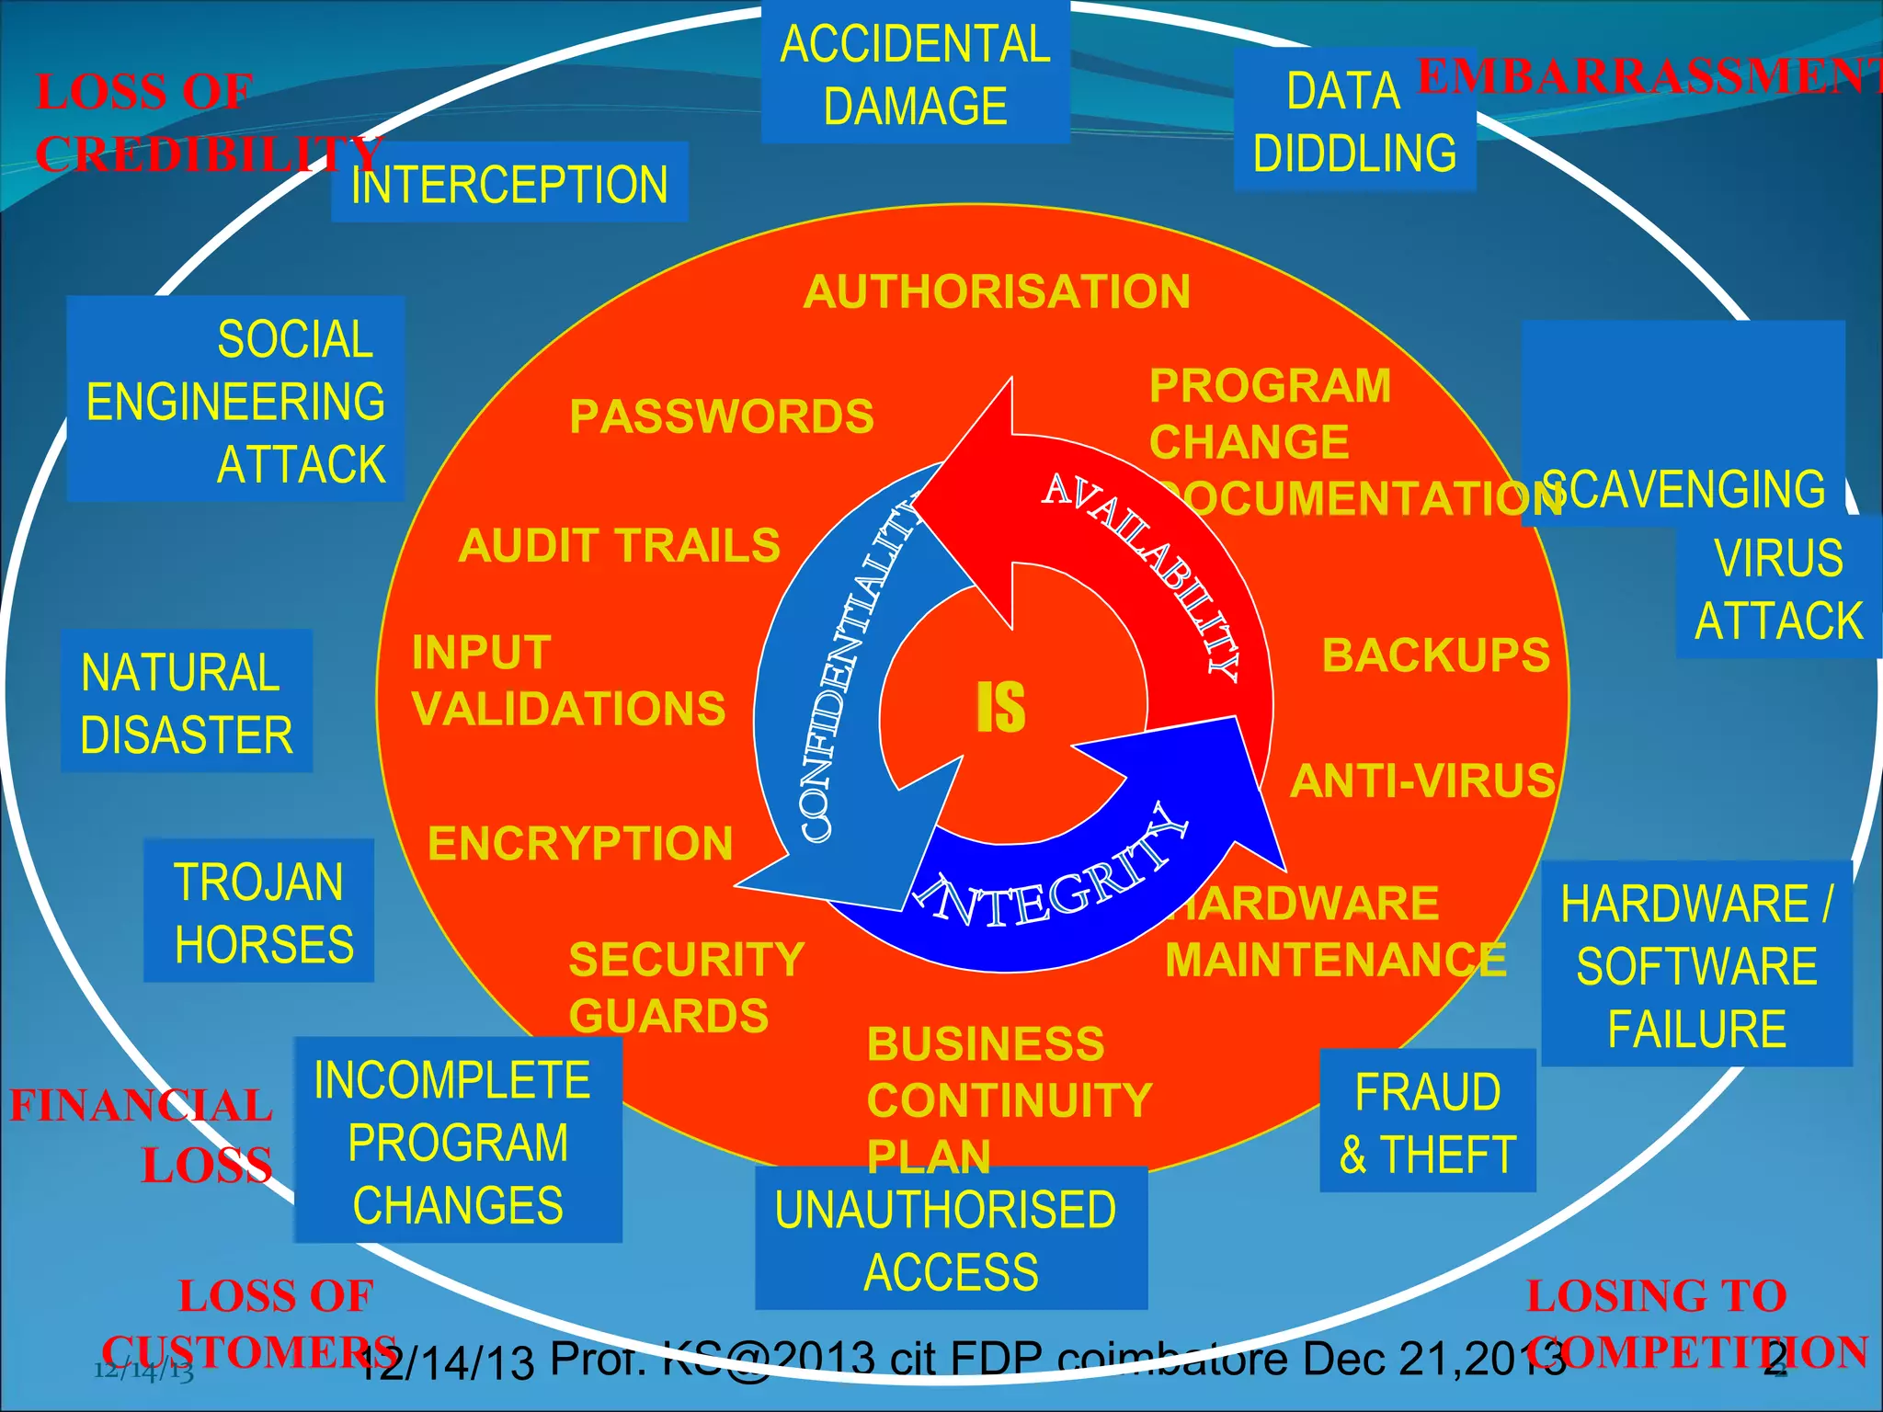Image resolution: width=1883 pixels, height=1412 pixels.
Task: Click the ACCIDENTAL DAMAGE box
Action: [915, 74]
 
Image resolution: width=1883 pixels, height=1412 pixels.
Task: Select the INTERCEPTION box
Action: [509, 184]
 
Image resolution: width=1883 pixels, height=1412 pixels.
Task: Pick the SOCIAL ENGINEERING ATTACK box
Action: [235, 401]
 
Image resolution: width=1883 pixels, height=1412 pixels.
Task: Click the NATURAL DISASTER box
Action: [187, 702]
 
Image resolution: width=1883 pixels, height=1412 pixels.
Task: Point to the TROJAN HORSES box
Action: [260, 912]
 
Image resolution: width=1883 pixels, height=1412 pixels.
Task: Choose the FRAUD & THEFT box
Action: [1427, 1122]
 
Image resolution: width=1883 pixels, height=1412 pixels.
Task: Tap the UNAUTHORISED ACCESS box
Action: [950, 1239]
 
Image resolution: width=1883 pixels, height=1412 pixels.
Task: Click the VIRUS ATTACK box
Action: [1777, 588]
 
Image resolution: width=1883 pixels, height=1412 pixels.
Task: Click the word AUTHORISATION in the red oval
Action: [997, 292]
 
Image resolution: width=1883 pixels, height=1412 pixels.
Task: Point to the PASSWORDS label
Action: [722, 416]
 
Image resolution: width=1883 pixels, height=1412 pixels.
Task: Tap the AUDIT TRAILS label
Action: [619, 546]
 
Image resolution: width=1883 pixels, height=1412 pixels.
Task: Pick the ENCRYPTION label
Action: [580, 844]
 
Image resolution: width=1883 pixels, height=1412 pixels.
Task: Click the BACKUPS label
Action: [1436, 655]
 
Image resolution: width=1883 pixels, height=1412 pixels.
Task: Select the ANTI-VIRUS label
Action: [1422, 781]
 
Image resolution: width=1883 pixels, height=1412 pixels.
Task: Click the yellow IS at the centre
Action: [1000, 708]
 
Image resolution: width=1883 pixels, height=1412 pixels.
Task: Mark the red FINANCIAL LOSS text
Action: [143, 1134]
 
